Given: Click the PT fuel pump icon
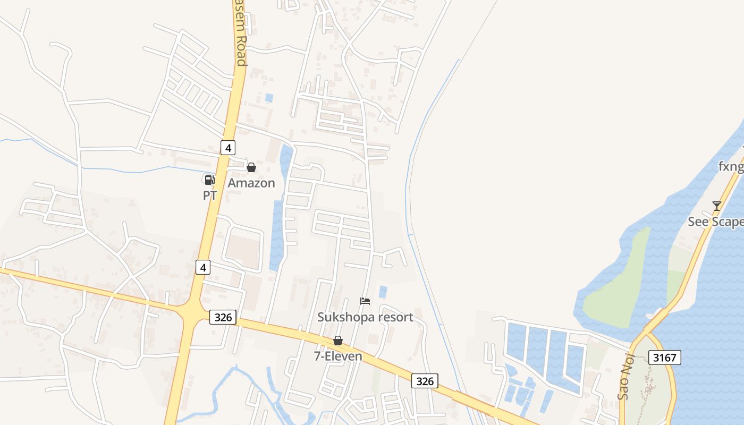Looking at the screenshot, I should [x=209, y=180].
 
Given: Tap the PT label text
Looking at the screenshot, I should [x=210, y=195].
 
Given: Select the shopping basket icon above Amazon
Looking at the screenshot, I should [x=251, y=168].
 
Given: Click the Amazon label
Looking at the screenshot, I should [x=251, y=183].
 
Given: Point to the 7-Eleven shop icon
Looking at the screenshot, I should [x=337, y=341].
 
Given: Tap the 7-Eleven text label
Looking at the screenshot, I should [x=338, y=356].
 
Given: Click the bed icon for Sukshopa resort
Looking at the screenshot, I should [x=365, y=301].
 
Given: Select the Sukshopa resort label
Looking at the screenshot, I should [x=365, y=317].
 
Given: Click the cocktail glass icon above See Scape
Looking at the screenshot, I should [x=717, y=206].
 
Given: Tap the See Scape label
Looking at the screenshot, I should [x=715, y=222].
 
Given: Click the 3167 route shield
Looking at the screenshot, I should [x=664, y=358].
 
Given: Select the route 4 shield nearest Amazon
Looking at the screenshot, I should [x=228, y=148].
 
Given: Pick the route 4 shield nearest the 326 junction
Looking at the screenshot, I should [x=202, y=267].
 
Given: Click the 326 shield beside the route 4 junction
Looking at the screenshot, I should [x=223, y=317].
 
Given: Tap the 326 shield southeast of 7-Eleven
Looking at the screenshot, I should [x=425, y=380].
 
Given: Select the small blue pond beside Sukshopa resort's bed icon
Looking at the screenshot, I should [x=383, y=292].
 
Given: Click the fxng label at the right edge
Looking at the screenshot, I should [x=731, y=167].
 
